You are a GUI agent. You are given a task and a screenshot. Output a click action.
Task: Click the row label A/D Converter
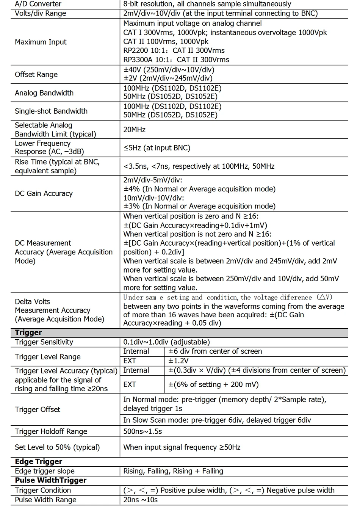click(38, 4)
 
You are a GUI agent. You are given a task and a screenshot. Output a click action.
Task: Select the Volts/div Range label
click(40, 14)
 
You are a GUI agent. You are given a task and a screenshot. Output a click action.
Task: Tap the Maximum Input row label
click(41, 42)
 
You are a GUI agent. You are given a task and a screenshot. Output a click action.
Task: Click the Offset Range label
click(36, 74)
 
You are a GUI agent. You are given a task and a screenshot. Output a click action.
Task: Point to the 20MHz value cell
click(134, 130)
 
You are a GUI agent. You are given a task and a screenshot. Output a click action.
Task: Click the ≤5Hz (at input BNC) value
click(157, 148)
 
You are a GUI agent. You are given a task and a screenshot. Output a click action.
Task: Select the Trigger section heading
click(28, 333)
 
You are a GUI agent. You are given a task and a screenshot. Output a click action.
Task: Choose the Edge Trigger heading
click(38, 462)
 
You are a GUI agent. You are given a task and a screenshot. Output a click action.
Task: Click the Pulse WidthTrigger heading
click(50, 480)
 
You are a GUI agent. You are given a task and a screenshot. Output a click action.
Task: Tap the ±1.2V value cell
click(178, 361)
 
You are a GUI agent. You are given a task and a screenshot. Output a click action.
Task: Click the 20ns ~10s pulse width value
click(141, 500)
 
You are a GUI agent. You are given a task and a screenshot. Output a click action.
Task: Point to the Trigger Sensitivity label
click(44, 342)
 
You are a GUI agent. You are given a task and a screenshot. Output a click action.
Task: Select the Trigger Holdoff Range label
click(51, 431)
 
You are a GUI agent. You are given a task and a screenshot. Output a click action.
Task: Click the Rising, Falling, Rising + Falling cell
click(173, 471)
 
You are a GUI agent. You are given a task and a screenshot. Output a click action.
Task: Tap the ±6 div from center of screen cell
click(215, 351)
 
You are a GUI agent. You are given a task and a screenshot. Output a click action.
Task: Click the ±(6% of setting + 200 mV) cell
click(213, 384)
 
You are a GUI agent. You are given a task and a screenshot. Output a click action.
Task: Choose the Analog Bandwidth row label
click(44, 93)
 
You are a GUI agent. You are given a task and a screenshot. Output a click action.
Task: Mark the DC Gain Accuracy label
click(44, 193)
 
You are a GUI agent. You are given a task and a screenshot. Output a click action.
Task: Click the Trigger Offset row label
click(38, 409)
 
